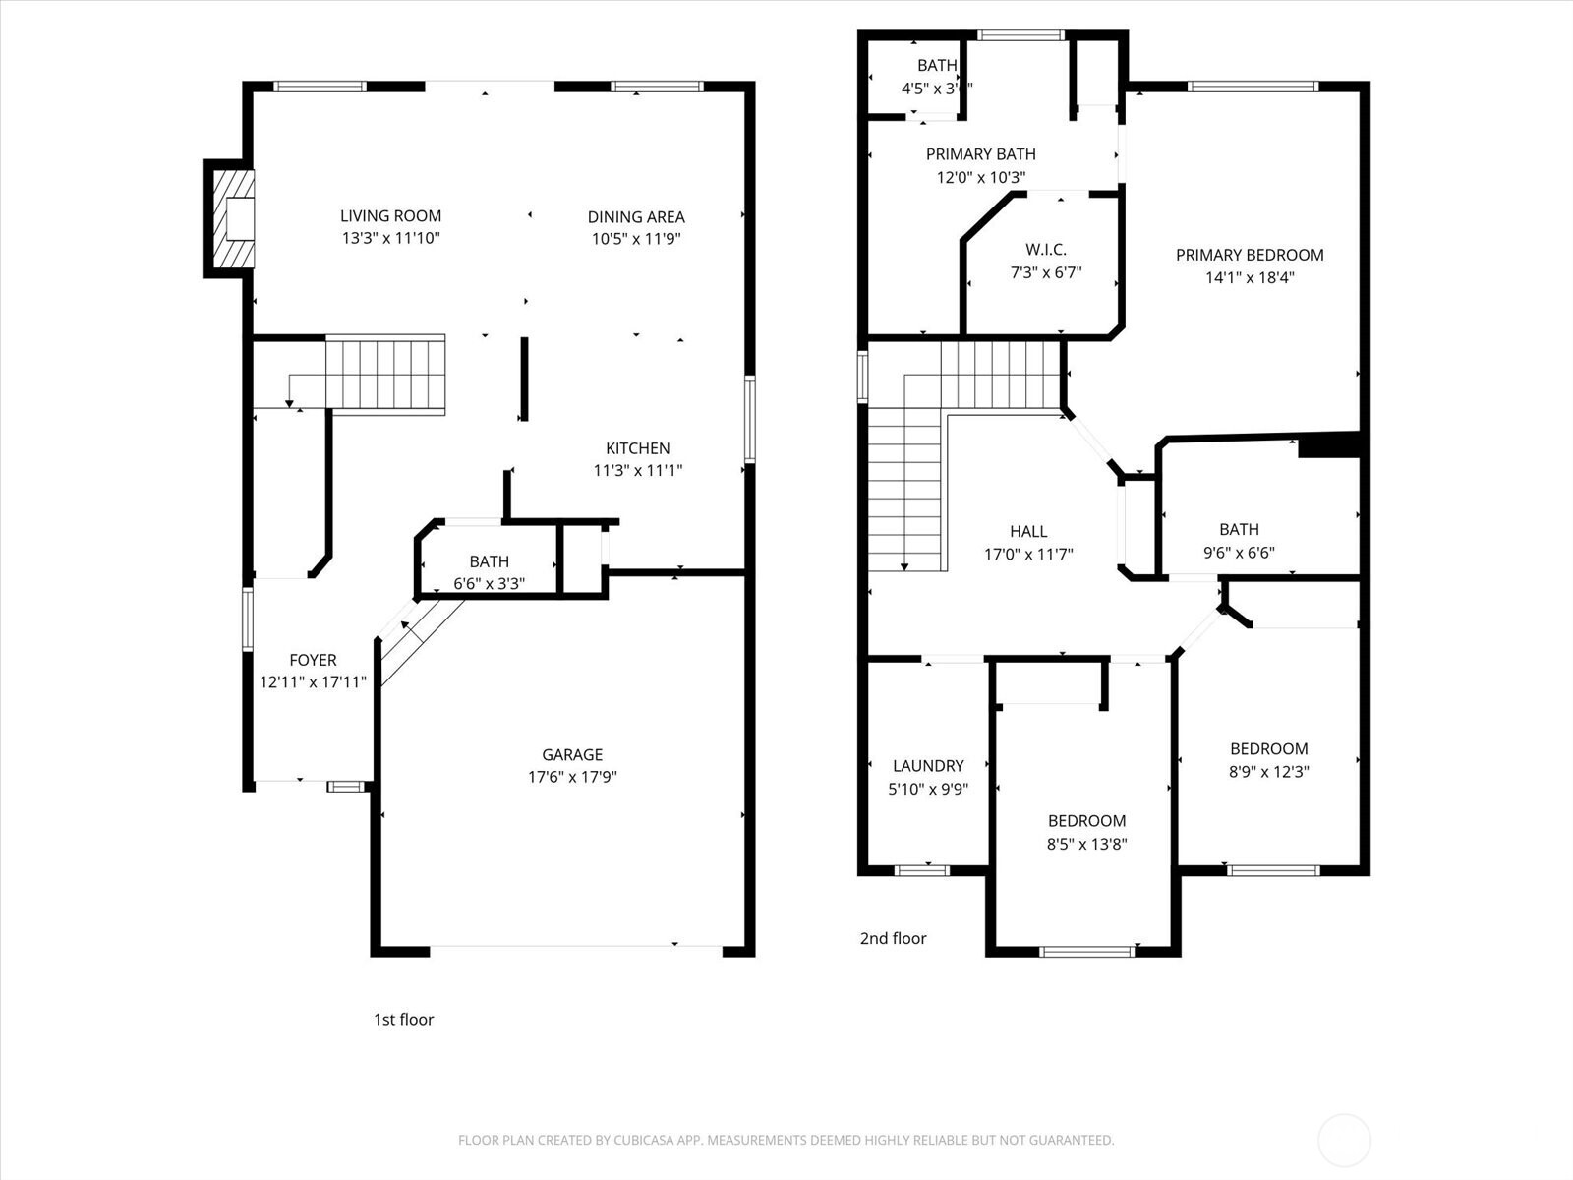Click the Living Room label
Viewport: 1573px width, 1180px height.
390,215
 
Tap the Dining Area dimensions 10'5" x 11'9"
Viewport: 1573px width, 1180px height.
636,239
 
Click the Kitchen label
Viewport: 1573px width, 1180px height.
637,448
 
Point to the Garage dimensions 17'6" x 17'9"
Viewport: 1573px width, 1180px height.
572,777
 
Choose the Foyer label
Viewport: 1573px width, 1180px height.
313,660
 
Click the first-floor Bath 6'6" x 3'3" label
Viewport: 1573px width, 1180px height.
489,561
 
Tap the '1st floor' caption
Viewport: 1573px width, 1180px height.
403,1020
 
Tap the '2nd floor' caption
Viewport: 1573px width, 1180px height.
893,938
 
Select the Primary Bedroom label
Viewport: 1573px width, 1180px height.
1250,255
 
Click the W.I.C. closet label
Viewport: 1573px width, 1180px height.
1045,250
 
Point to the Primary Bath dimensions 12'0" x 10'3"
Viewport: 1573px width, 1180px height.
980,178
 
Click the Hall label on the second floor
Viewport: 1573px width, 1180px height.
1028,531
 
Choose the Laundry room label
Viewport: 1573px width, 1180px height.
928,765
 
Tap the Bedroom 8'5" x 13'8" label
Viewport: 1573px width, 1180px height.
1086,820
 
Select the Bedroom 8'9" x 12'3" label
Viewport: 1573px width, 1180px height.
1268,748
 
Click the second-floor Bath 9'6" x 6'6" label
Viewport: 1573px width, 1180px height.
1239,529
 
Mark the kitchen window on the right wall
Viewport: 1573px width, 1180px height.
749,419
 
